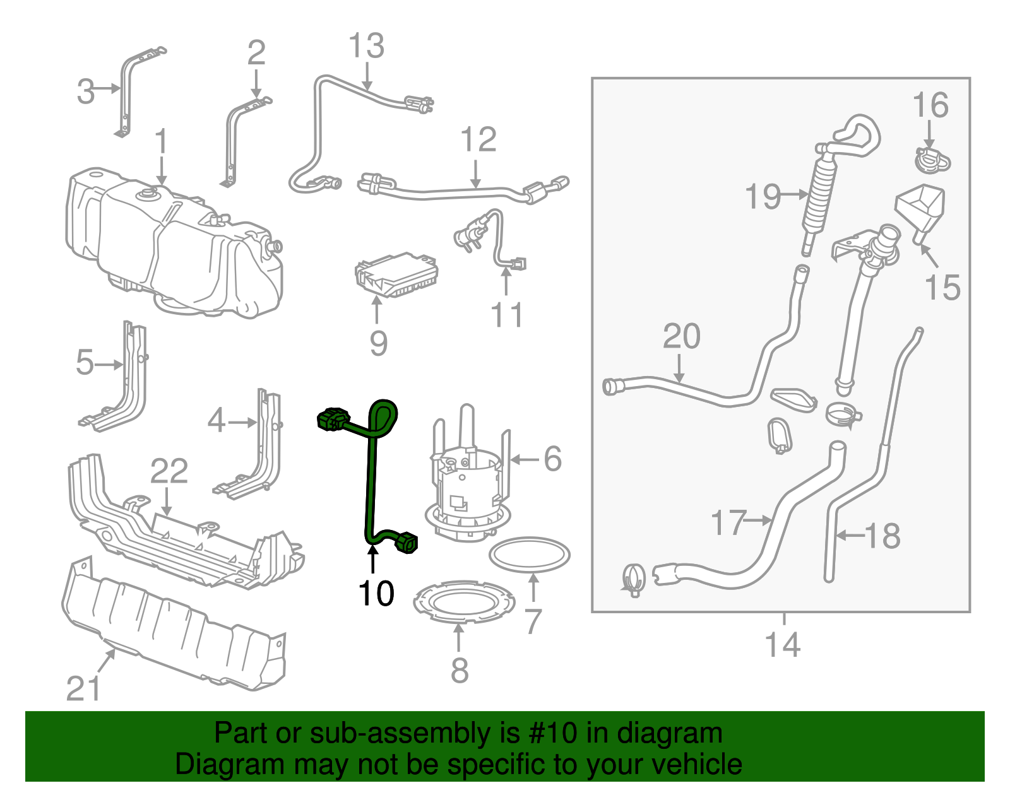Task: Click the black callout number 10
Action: coord(376,593)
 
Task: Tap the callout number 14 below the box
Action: coord(782,645)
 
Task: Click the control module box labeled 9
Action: coord(396,275)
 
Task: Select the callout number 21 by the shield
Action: coord(83,688)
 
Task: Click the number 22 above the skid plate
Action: coord(169,471)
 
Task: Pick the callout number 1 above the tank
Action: coord(162,141)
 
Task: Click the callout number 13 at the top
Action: coord(366,46)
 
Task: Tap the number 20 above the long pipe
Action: coord(681,336)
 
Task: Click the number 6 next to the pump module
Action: coord(552,459)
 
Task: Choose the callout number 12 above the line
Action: coord(478,139)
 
